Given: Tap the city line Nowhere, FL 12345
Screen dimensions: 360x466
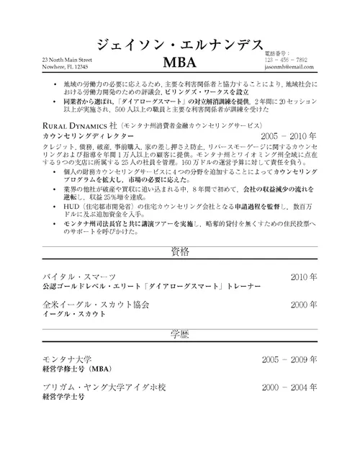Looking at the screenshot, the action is click(x=66, y=66).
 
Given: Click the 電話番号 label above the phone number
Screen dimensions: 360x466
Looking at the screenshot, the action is click(x=276, y=53).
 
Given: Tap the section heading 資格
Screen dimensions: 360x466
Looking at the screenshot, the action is click(x=179, y=251).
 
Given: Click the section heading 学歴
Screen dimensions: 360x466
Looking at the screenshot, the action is click(x=179, y=334).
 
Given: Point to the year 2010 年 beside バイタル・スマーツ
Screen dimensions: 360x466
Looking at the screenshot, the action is click(x=303, y=276).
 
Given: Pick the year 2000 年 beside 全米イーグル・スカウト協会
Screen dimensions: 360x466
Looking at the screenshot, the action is click(x=303, y=305).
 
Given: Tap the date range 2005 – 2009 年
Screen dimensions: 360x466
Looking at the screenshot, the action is click(x=289, y=359).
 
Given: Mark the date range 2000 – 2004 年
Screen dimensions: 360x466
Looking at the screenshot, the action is click(x=289, y=387).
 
